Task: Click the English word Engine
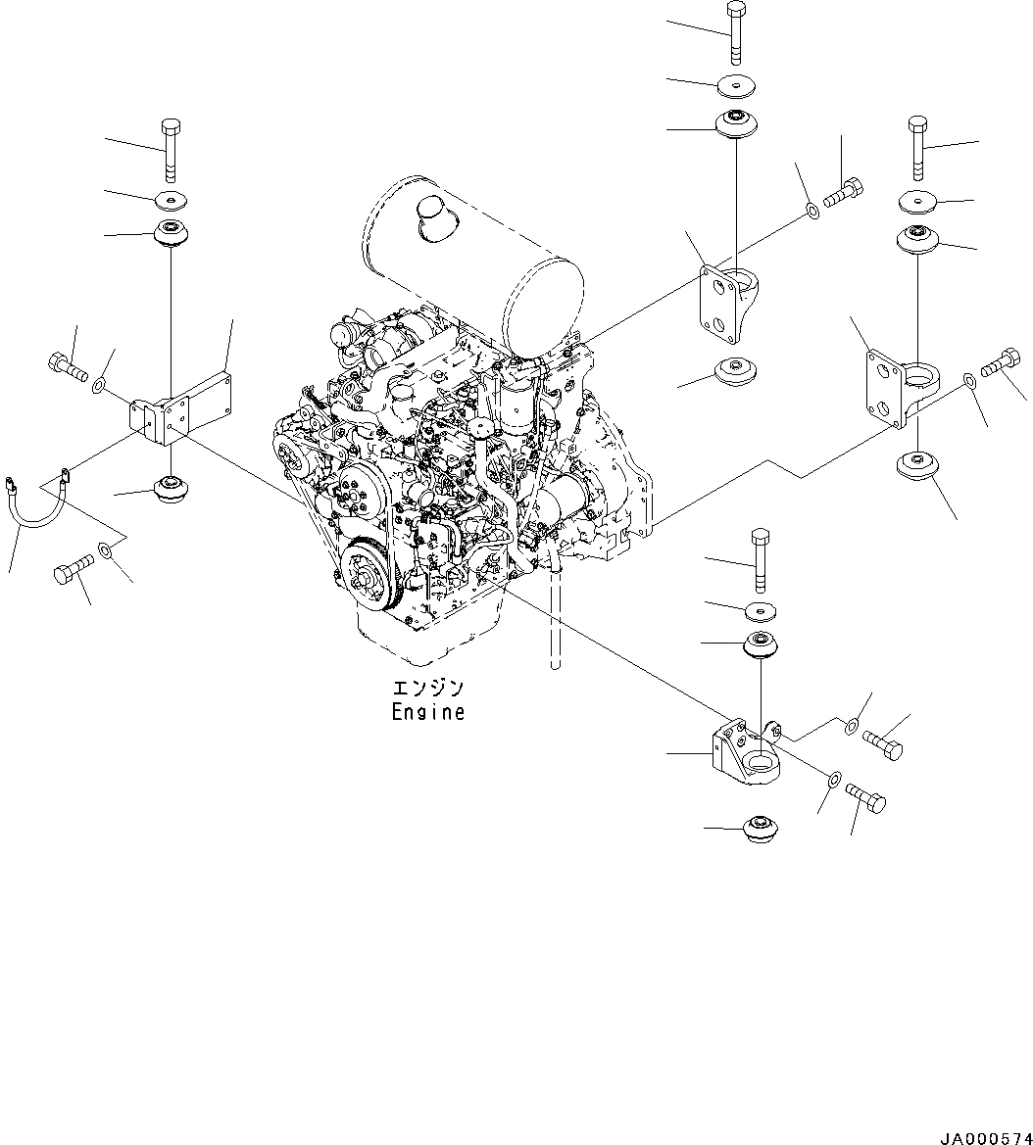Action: [427, 712]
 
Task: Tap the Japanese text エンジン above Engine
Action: [427, 689]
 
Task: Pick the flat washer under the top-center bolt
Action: [736, 86]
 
